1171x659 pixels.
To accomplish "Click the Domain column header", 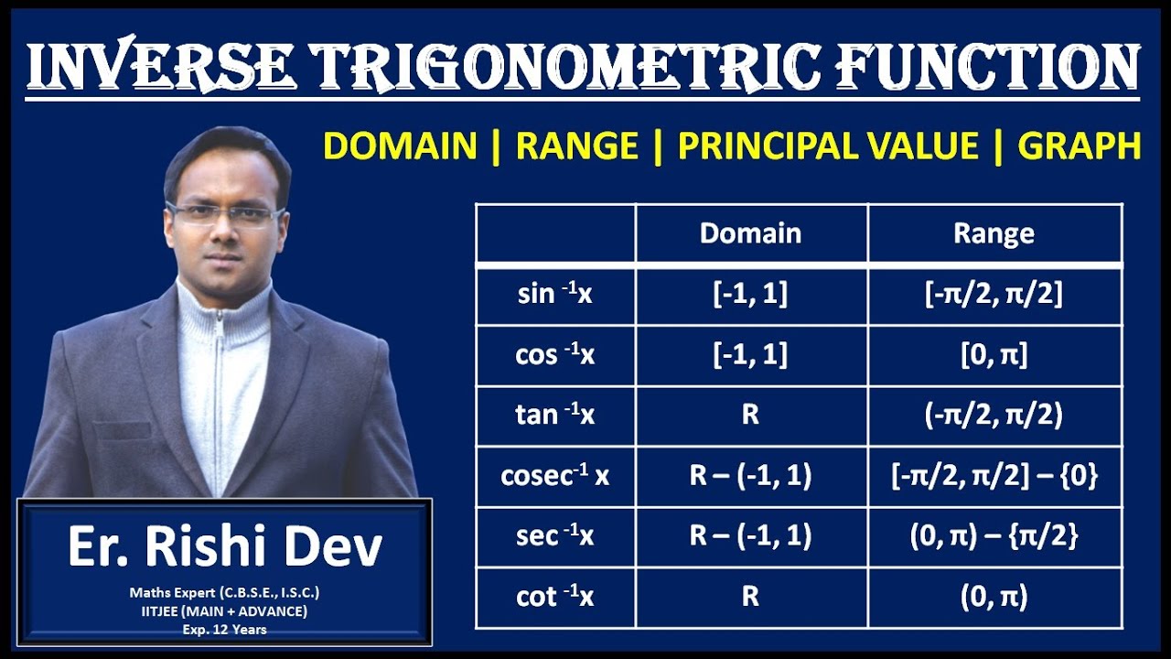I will click(x=750, y=233).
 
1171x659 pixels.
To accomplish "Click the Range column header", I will click(x=994, y=233).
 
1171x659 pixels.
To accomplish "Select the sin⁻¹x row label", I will click(x=555, y=295).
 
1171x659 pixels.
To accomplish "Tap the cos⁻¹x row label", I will click(x=555, y=355).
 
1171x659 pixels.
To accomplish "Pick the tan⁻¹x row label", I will click(x=555, y=416).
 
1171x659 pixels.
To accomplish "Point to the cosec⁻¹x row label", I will click(x=555, y=476).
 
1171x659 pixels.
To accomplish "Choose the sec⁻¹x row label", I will click(x=555, y=536).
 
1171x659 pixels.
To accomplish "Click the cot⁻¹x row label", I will click(x=555, y=597).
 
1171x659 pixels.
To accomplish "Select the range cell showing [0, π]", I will click(x=994, y=355).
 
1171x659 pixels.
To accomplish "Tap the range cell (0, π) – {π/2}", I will click(x=994, y=536).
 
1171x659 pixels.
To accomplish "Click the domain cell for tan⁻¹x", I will click(x=750, y=416).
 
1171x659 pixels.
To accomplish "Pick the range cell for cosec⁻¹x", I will click(x=994, y=476).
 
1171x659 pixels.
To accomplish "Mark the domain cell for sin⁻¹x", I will click(x=750, y=295).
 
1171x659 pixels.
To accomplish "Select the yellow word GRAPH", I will click(x=1079, y=146).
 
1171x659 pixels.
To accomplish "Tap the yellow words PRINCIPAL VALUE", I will click(x=828, y=146).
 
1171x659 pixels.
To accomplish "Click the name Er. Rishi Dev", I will click(x=225, y=546).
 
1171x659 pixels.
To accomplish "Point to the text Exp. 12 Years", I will click(x=225, y=630).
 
